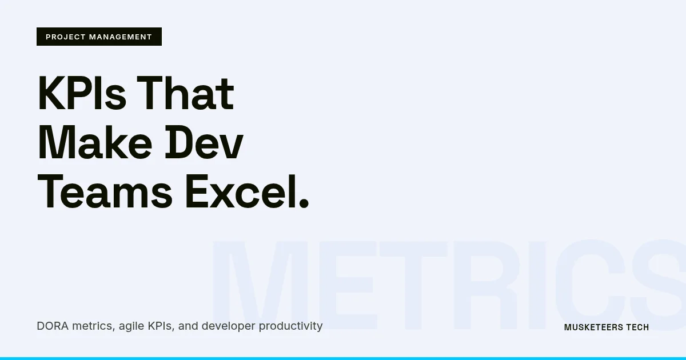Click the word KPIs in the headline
[x=82, y=94]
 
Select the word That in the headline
[x=185, y=94]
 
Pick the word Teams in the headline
[x=105, y=192]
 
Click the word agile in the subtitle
[x=131, y=326]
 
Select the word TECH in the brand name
[x=637, y=327]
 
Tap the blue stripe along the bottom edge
[x=343, y=358]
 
